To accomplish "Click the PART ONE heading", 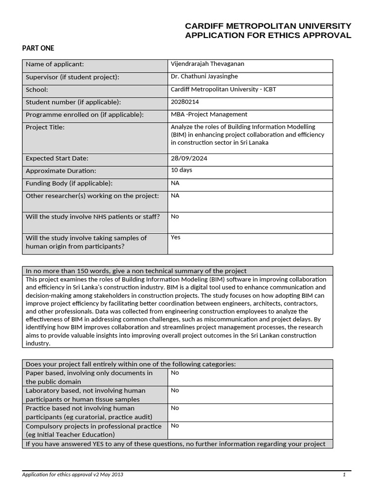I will pos(38,48).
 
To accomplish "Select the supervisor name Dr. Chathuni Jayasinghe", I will pos(204,77).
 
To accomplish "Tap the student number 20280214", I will pos(185,102).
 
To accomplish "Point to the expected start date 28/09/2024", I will pos(187,158).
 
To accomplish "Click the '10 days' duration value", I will pos(181,170).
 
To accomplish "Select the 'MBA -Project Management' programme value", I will pos(209,115).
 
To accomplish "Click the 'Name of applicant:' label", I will pos(55,64).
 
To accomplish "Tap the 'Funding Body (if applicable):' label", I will pos(69,183).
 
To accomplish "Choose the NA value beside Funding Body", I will pos(175,183).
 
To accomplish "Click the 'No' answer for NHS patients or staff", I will pos(175,216).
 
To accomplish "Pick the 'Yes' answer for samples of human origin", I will pos(176,237).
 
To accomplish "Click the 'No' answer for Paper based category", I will pos(175,373).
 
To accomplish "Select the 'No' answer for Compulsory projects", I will pos(175,425).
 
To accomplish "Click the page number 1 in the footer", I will pos(344,475).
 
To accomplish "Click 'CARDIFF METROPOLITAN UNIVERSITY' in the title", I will pos(268,26).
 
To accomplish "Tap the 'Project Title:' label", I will pos(45,127).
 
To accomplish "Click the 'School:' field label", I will pos(37,90).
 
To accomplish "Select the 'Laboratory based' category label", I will pos(85,395).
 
